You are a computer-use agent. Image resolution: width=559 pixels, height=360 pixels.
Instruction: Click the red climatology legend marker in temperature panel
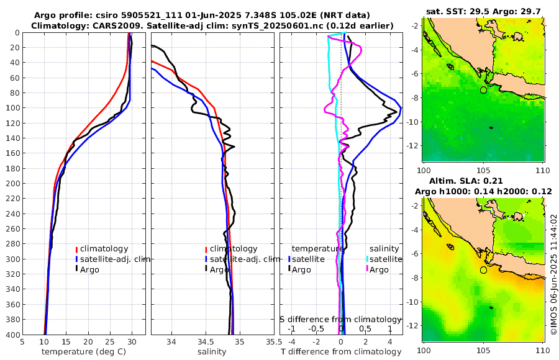click(76, 249)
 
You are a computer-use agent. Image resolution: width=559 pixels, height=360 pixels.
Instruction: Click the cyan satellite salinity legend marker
click(366, 259)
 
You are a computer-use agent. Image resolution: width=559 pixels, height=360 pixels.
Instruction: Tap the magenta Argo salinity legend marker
click(366, 269)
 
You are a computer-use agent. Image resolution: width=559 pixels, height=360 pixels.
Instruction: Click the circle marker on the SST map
click(484, 90)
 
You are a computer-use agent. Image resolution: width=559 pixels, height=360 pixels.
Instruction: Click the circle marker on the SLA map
click(484, 270)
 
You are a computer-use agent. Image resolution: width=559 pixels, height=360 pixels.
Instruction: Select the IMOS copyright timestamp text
click(553, 275)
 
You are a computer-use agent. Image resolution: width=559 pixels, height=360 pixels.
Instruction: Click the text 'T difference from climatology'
click(341, 352)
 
